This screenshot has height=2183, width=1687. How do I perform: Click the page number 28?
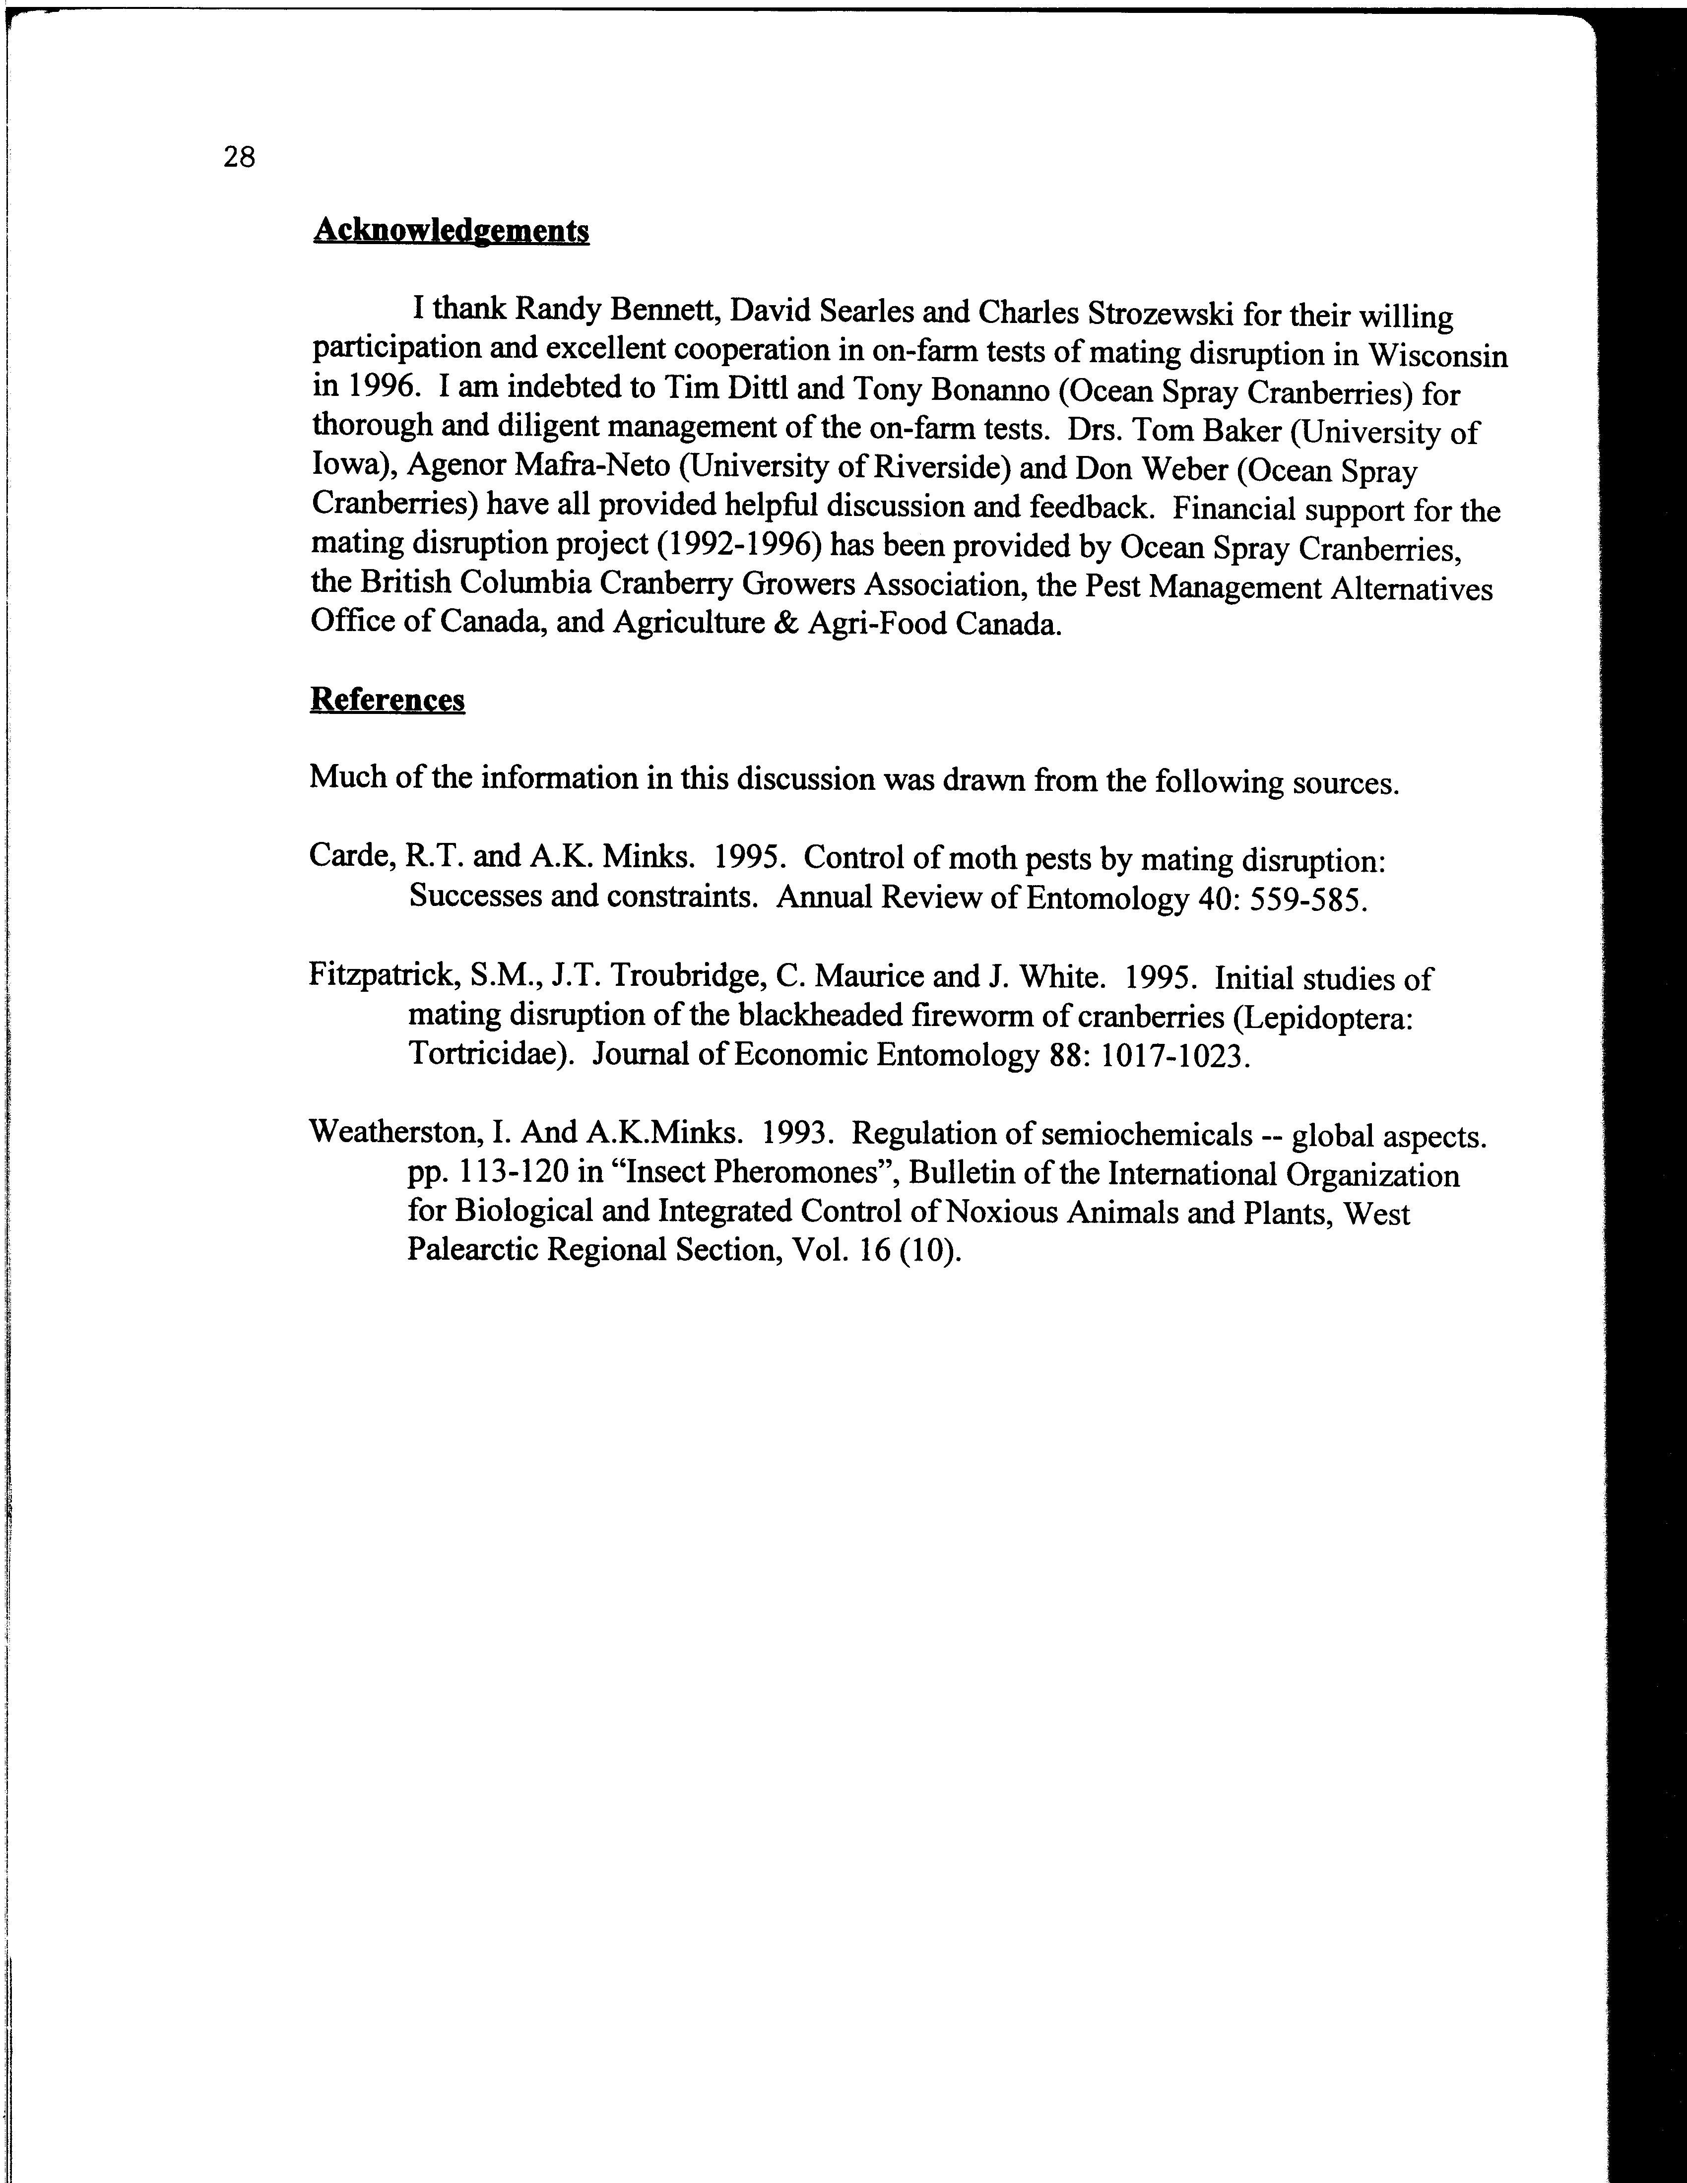click(240, 157)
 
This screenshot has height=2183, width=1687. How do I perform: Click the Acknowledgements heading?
click(451, 231)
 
